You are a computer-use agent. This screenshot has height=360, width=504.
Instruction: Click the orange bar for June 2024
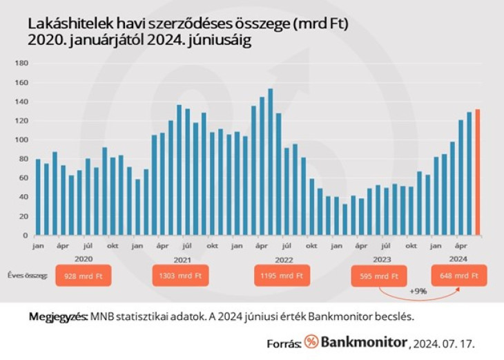click(x=477, y=172)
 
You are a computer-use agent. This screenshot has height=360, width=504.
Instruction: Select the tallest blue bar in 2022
click(x=270, y=162)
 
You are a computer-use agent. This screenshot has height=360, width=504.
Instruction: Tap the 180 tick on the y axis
click(x=21, y=64)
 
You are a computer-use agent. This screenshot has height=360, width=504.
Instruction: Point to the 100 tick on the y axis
click(x=21, y=140)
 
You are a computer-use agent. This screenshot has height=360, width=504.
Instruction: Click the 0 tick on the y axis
click(x=24, y=235)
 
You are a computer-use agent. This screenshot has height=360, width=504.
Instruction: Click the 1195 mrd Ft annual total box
click(x=282, y=276)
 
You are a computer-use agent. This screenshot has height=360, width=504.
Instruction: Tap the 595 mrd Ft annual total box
click(x=378, y=276)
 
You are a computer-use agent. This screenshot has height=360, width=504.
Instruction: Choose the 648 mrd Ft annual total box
click(x=459, y=276)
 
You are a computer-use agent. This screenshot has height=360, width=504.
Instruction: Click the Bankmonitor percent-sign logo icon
click(x=311, y=342)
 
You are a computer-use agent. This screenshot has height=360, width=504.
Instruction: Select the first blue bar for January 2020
click(x=38, y=197)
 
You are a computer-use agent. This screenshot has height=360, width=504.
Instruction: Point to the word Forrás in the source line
click(x=283, y=343)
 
